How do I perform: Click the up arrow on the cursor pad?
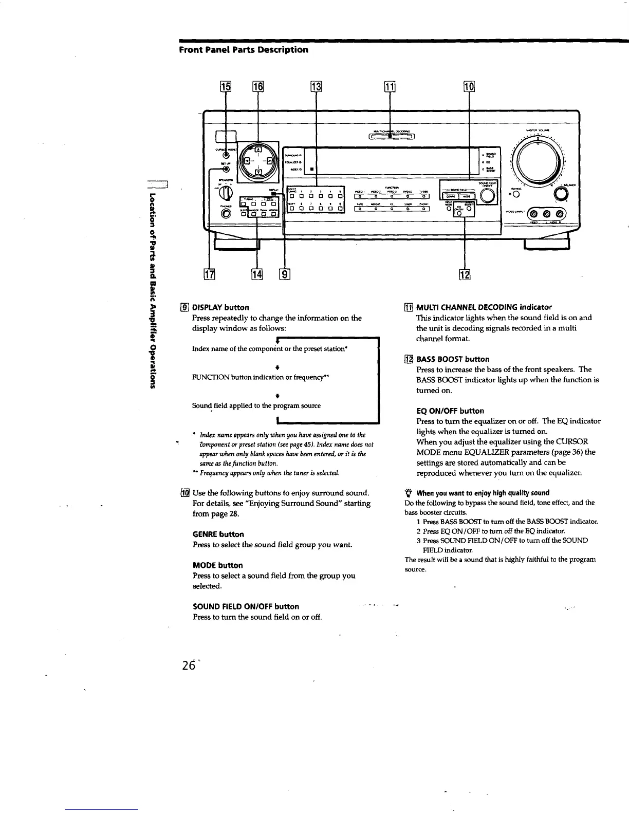(258, 150)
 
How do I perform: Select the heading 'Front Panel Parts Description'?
(243, 50)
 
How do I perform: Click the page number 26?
(188, 665)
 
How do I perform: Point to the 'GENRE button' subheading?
(218, 534)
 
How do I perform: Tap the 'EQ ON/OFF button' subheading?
(450, 411)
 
